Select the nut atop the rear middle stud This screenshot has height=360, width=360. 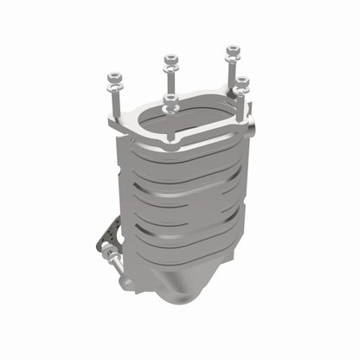[170, 61]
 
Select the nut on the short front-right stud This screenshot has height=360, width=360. [241, 83]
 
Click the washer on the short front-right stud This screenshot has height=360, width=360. [241, 90]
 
